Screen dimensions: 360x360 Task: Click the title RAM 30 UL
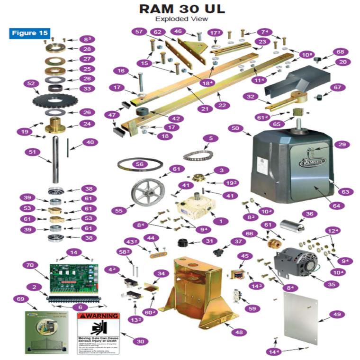(181, 9)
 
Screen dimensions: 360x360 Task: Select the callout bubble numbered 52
(31, 84)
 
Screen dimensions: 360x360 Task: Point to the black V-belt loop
(140, 164)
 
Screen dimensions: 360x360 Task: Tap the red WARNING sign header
(98, 316)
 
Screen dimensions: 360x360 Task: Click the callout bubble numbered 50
(235, 128)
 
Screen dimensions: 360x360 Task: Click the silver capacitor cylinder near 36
(291, 225)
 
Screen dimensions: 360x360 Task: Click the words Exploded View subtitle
(181, 19)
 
